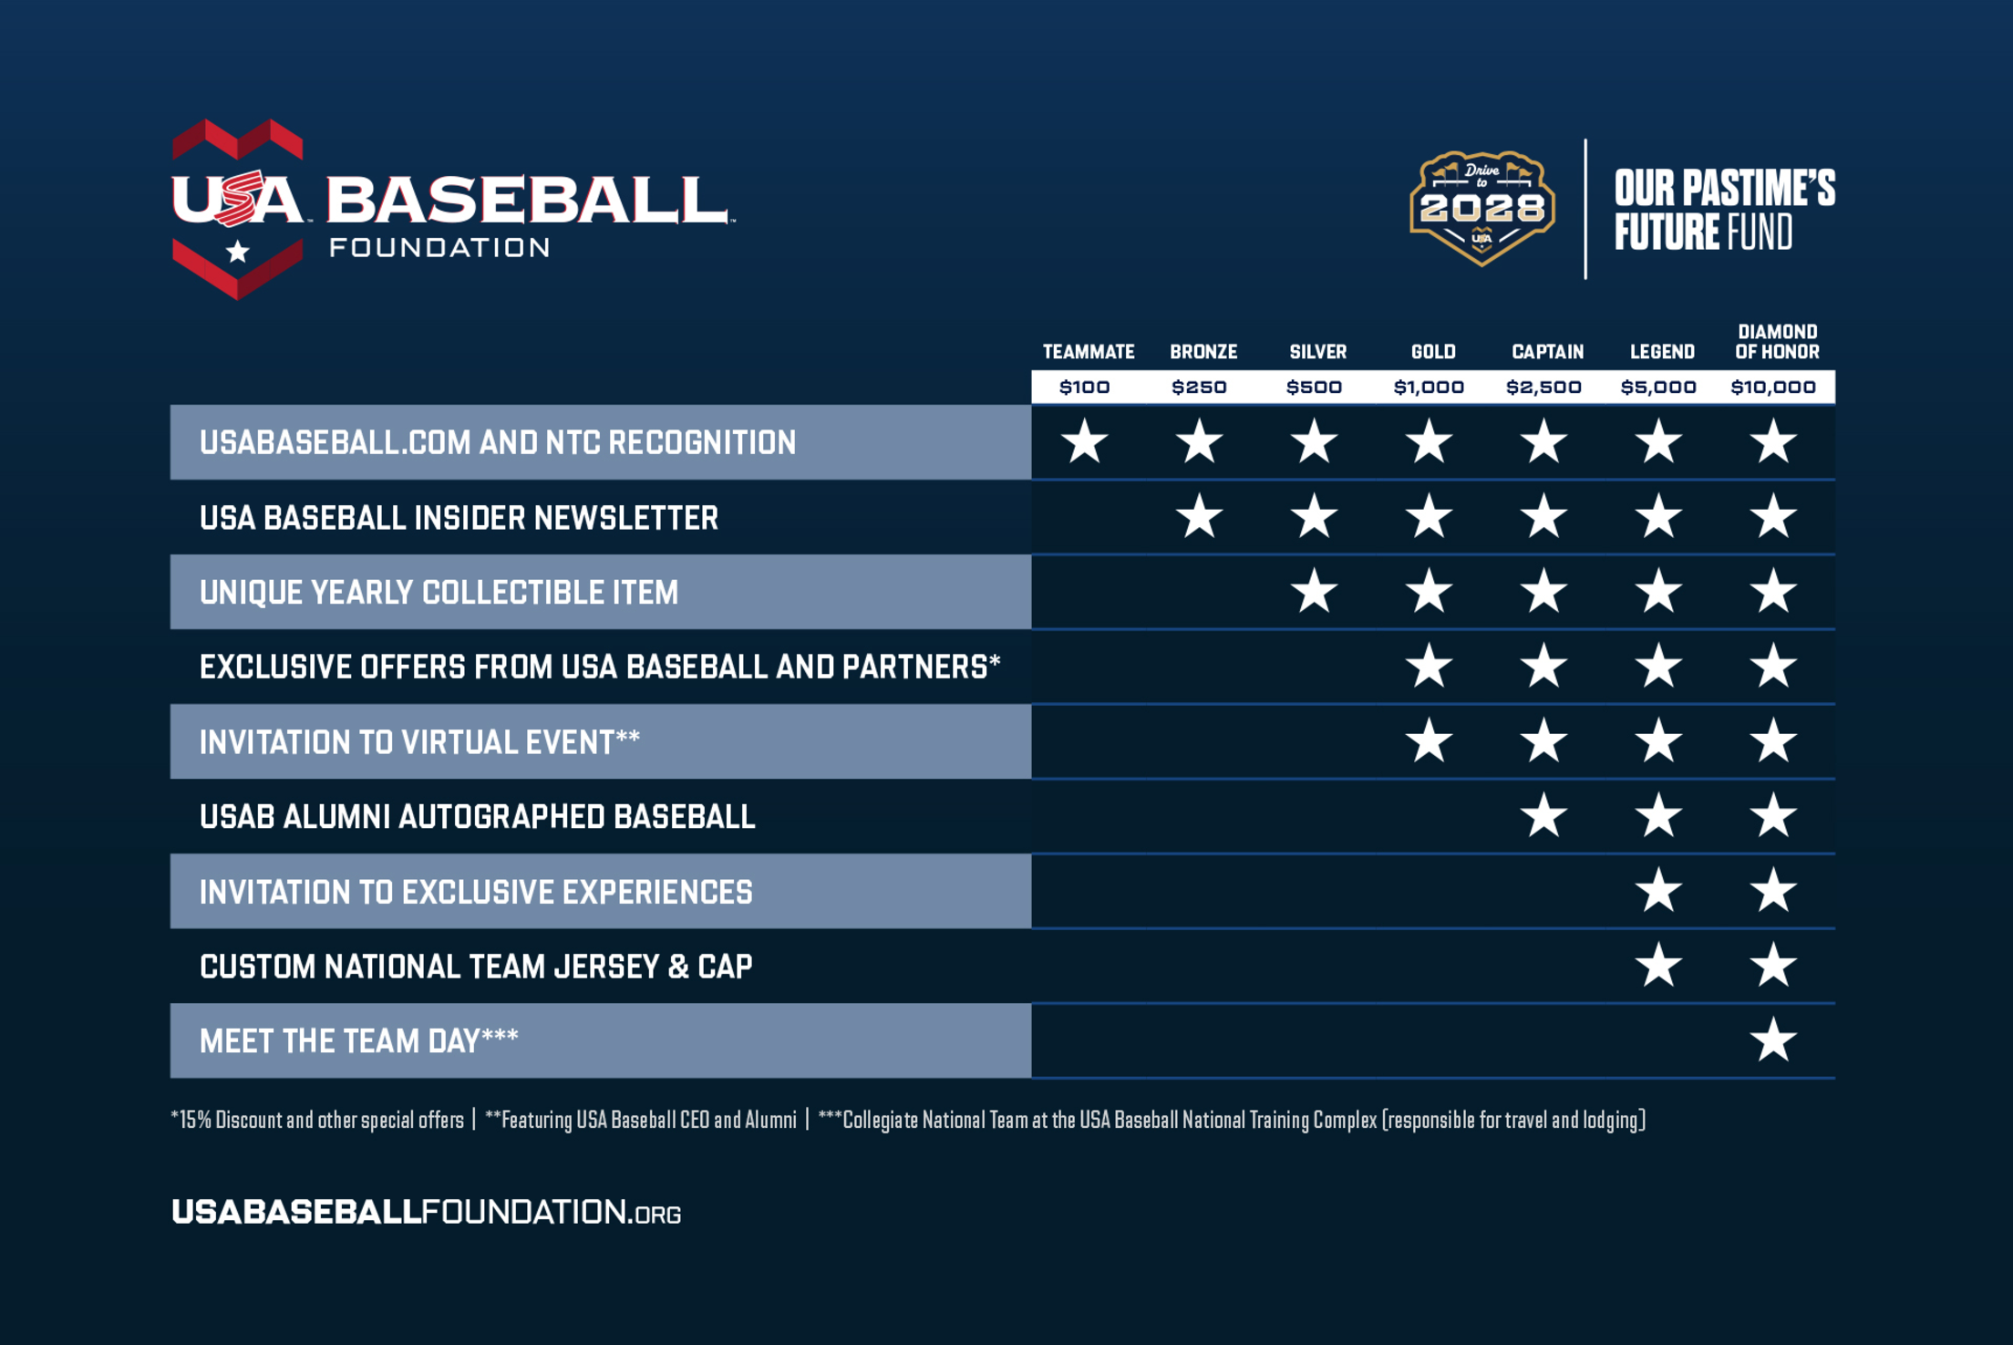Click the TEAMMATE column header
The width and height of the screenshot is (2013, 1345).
click(1088, 352)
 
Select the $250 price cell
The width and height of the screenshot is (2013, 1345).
click(1199, 388)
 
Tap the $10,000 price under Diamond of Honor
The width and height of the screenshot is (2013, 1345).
click(1773, 388)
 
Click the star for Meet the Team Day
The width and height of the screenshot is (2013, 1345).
click(1773, 1040)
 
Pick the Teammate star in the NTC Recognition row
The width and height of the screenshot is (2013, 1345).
click(1085, 442)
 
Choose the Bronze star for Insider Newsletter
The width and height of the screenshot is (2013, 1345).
click(1199, 517)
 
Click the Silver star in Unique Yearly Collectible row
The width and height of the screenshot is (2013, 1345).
click(1314, 592)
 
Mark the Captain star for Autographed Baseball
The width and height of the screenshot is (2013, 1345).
click(1543, 816)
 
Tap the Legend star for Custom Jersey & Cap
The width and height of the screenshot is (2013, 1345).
click(1658, 966)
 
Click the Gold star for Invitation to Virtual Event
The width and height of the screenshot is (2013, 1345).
click(1429, 741)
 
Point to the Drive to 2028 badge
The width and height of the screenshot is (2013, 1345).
click(1481, 208)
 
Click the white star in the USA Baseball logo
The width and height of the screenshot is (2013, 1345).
click(238, 251)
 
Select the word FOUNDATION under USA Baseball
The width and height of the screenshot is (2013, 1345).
click(439, 248)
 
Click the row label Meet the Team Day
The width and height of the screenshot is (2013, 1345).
click(359, 1041)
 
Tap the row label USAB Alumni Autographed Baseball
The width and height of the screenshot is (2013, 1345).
click(477, 817)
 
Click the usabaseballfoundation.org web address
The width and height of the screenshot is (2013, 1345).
click(426, 1212)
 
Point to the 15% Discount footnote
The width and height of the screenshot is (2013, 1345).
click(317, 1120)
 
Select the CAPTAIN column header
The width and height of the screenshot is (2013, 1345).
click(1547, 352)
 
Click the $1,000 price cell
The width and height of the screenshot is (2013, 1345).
click(1429, 388)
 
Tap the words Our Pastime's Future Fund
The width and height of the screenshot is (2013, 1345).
click(1723, 210)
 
